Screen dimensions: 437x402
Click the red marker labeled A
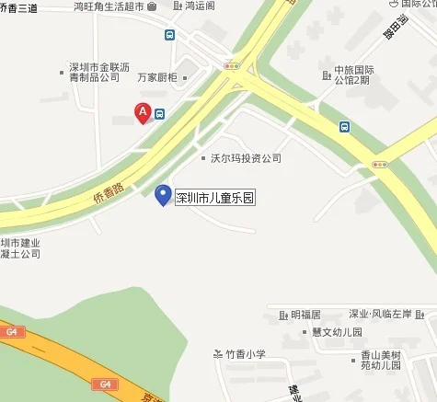pos(143,113)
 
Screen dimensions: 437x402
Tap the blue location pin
pos(163,195)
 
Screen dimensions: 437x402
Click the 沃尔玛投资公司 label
pos(246,158)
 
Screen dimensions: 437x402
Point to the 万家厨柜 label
pos(155,79)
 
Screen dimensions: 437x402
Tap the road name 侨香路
pos(109,184)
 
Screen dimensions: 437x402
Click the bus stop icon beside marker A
pos(160,114)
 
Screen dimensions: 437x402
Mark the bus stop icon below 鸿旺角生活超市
pos(169,35)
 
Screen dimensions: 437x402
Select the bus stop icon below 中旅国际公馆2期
pos(343,127)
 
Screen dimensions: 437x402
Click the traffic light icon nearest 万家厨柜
pos(232,66)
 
